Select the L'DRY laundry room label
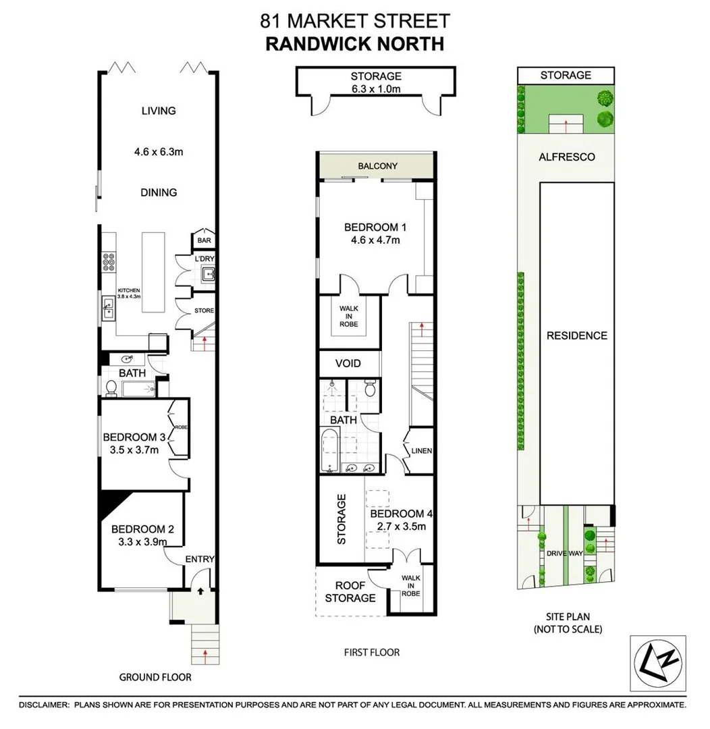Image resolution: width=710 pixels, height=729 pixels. click(204, 259)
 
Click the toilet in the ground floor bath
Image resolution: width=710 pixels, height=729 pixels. click(111, 387)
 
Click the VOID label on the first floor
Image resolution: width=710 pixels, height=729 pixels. click(348, 364)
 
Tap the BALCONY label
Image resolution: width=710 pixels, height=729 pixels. click(377, 166)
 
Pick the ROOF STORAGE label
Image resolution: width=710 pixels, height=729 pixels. click(350, 591)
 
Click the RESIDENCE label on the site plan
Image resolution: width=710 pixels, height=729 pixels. click(576, 335)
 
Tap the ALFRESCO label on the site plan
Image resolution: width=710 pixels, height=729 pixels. click(566, 157)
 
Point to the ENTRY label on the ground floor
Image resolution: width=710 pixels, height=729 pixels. click(200, 559)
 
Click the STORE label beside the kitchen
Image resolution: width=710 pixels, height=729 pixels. click(204, 311)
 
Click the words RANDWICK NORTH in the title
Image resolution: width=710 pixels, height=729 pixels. click(354, 45)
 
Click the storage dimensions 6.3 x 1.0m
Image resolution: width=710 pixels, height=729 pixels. click(375, 88)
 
